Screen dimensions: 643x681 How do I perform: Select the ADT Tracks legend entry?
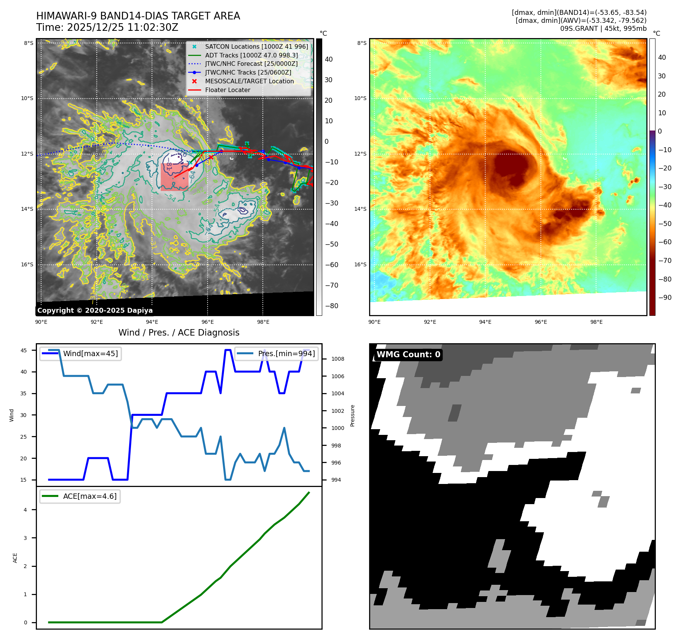[251, 55]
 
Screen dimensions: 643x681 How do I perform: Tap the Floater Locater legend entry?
[227, 90]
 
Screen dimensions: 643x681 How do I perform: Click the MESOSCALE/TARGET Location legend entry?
[249, 81]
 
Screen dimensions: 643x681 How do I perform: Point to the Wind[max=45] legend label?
[90, 353]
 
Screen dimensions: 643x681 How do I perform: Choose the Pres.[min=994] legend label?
[286, 353]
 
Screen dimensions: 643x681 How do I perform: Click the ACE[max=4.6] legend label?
[90, 496]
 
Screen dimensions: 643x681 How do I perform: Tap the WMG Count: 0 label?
[408, 354]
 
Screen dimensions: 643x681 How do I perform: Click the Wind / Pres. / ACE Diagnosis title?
[179, 333]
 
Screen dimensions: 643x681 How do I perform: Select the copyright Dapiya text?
[95, 310]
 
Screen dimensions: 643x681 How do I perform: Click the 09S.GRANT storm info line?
[603, 29]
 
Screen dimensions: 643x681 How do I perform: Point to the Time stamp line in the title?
[107, 27]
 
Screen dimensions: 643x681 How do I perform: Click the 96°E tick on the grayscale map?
[208, 322]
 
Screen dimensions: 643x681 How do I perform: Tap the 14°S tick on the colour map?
[360, 209]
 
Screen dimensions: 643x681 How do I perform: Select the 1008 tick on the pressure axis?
[337, 359]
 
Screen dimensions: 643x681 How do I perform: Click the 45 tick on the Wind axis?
[24, 350]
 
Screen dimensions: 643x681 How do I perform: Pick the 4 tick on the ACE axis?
[26, 510]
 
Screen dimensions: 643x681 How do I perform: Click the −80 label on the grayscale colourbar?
[331, 306]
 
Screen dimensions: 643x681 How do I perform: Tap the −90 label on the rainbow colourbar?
[665, 298]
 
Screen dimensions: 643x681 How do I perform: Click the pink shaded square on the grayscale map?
[174, 177]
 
